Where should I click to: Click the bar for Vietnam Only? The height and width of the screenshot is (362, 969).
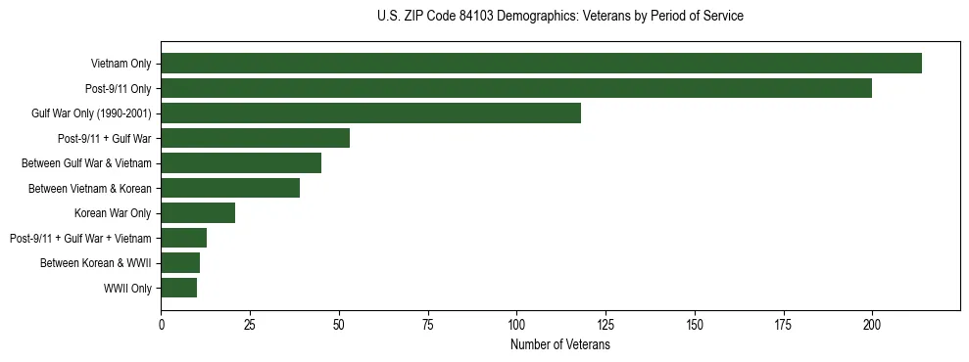(541, 63)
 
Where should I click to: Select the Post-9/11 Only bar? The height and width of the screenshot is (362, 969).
(516, 88)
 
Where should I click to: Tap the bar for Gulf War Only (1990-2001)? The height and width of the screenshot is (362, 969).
(370, 113)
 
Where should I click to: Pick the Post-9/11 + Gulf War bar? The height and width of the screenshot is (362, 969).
(255, 138)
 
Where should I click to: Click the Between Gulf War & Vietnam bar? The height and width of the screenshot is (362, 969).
(241, 162)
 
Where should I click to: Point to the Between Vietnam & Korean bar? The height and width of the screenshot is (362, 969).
(230, 188)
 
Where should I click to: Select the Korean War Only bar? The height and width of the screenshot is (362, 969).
(198, 212)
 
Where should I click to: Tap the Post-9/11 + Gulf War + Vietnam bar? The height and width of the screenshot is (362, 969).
(184, 238)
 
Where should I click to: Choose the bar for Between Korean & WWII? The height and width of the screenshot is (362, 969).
(180, 262)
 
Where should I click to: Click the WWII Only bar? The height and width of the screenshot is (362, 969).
(178, 288)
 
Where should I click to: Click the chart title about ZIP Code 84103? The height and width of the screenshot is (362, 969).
(559, 16)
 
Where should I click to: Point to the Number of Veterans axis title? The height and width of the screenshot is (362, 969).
(559, 344)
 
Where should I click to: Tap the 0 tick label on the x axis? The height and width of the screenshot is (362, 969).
(162, 323)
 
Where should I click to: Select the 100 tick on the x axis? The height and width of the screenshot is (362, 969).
(516, 323)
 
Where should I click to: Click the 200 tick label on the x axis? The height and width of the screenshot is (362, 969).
(872, 323)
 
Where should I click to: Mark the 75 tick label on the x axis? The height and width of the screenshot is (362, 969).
(428, 323)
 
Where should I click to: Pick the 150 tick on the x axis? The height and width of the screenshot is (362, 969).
(695, 323)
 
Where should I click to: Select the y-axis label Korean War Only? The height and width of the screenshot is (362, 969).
(113, 213)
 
